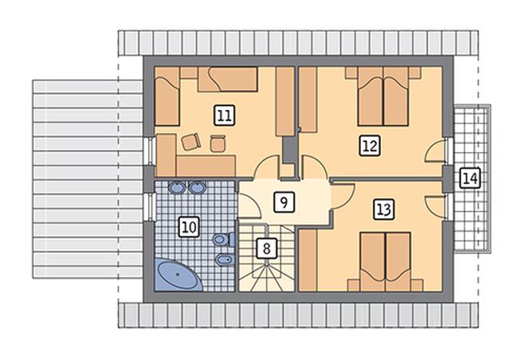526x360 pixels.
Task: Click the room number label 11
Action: coord(224,115)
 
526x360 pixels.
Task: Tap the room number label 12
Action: coord(370,146)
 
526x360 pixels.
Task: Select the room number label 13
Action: coord(384,209)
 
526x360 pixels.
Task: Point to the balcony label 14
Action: coord(469,178)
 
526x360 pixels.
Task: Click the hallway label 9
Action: coord(285,202)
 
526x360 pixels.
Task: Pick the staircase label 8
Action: coord(266,248)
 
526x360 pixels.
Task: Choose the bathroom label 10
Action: coord(189,227)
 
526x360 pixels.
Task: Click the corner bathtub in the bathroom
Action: coord(179,275)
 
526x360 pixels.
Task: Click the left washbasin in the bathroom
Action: coord(176,187)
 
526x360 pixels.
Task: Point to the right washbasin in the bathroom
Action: coord(197,187)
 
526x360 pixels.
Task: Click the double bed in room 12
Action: coord(383,96)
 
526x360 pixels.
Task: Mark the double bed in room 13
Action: coord(386,261)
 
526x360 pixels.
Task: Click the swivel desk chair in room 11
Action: coord(191,142)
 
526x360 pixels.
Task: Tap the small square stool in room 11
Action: coord(218,143)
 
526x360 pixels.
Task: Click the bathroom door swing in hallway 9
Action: coord(250,206)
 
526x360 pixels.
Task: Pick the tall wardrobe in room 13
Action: coord(308,260)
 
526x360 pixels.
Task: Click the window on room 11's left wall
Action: coord(150,151)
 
